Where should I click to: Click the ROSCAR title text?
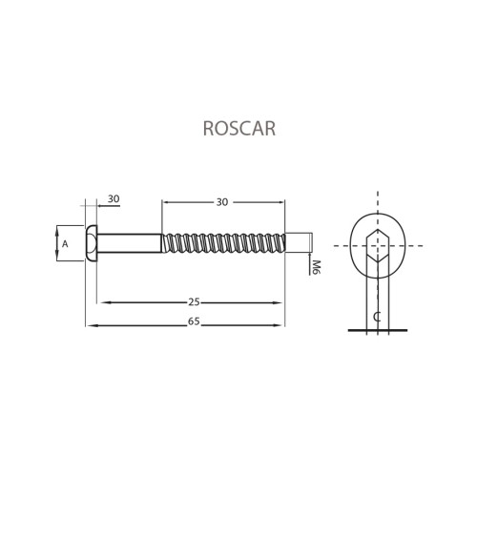click(239, 129)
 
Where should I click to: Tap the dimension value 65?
click(194, 321)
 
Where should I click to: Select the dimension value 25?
click(195, 302)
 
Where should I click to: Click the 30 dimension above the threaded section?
click(222, 202)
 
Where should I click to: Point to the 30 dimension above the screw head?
click(114, 199)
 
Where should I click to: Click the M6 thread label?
click(317, 267)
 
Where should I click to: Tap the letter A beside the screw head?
click(65, 244)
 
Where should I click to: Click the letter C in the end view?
click(377, 317)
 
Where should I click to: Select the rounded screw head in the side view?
click(91, 243)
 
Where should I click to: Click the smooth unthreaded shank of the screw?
click(130, 243)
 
